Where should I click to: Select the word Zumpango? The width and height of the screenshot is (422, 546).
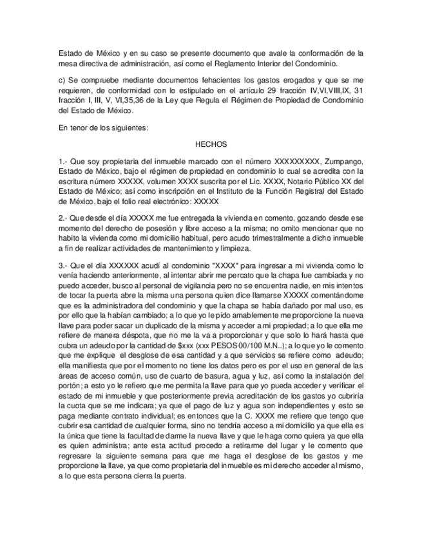(x=343, y=161)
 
